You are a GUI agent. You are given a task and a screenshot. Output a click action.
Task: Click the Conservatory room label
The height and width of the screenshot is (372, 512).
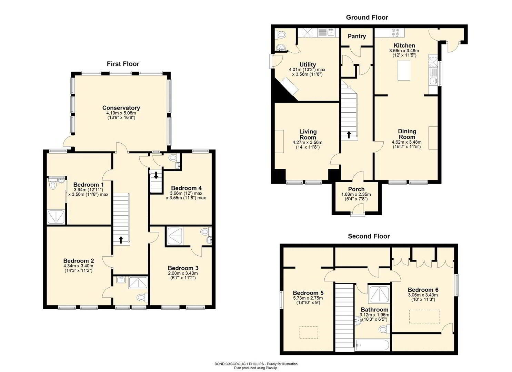point(121,108)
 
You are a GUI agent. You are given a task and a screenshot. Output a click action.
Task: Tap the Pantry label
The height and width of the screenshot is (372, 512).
point(357,36)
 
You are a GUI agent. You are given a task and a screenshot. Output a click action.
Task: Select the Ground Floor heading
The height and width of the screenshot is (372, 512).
point(367,17)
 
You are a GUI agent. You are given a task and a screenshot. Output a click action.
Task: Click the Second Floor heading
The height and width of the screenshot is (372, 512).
point(369,236)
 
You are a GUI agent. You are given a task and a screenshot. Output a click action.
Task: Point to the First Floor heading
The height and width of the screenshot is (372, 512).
point(123,64)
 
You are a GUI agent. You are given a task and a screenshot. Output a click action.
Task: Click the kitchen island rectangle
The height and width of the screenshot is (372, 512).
point(404,70)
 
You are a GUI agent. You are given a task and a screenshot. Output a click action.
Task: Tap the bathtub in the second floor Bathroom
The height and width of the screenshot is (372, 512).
point(372,345)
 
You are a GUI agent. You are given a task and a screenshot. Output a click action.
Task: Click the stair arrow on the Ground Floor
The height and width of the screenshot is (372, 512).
point(349,135)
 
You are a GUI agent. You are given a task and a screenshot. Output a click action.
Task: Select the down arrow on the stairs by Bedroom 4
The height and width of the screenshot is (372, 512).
point(156,175)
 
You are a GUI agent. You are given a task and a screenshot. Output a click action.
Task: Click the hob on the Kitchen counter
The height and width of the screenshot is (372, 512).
point(395,32)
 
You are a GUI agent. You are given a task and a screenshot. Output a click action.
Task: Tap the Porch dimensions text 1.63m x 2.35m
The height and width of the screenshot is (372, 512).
point(356,194)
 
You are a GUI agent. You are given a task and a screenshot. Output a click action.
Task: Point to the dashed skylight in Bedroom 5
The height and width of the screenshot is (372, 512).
point(309,332)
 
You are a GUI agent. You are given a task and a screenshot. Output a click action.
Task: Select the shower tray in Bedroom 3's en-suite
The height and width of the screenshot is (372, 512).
point(174,236)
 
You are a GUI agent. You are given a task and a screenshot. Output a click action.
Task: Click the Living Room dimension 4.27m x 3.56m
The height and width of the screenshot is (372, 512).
point(308,143)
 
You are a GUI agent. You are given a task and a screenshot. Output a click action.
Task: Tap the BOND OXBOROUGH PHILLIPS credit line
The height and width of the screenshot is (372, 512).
point(256,364)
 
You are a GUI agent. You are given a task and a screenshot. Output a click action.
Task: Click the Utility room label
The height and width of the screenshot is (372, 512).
point(308,64)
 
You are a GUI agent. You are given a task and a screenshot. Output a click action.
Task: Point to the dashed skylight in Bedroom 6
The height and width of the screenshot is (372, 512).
point(424,317)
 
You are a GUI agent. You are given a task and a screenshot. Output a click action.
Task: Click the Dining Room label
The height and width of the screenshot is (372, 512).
point(407,134)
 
